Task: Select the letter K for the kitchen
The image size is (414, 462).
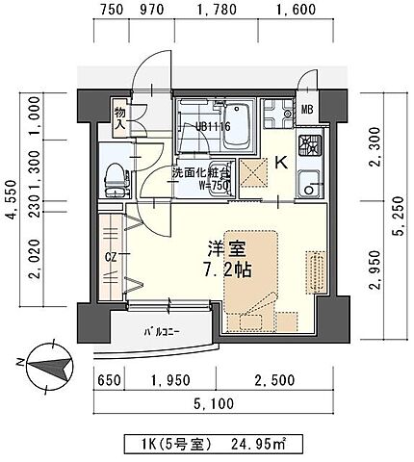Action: point(283,164)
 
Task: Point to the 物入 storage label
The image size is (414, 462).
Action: point(121,115)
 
